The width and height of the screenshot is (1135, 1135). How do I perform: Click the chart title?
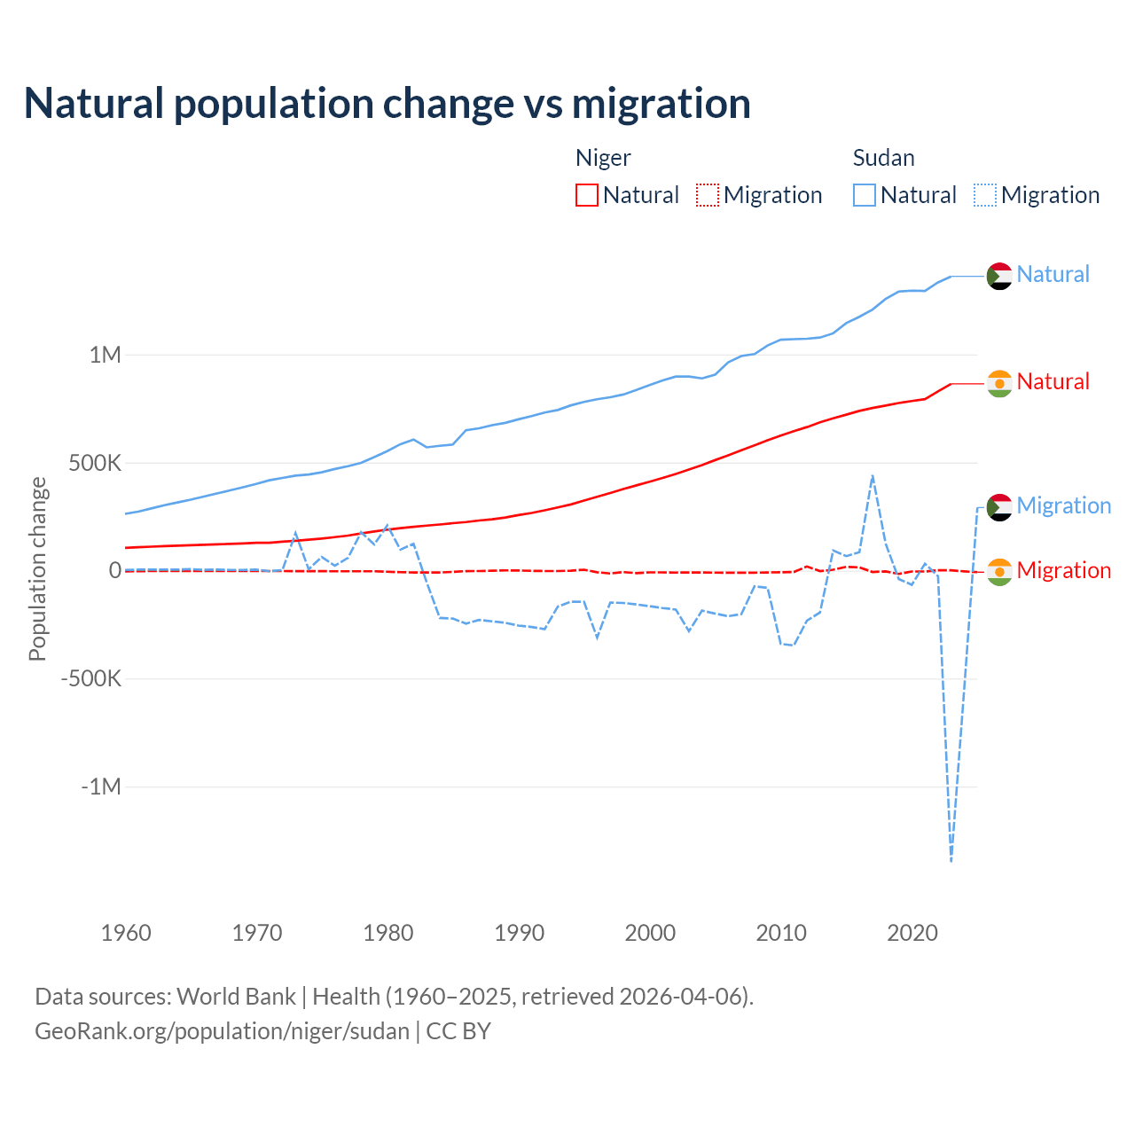387,104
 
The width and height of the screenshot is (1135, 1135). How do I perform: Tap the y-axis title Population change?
37,568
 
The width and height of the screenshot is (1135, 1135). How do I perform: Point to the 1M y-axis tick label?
105,355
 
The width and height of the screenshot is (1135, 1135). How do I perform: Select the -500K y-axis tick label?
90,678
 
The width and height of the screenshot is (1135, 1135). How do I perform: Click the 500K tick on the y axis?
95,463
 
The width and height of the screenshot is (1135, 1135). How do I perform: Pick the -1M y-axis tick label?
100,787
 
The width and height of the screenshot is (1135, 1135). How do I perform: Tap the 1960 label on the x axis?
126,933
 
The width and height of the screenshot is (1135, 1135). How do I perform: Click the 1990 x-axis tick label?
520,933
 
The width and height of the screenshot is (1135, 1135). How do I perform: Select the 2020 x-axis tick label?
912,933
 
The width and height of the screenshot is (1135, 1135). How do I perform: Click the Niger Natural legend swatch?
587,195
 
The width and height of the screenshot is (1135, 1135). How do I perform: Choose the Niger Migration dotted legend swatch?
708,195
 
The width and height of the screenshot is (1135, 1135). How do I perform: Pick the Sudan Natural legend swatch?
865,195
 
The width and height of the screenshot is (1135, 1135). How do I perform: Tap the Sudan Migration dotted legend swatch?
985,195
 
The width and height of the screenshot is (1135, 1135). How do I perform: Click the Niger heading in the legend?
603,158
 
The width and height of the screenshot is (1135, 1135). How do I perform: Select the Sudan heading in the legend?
883,158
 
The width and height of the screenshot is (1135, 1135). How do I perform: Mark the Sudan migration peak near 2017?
873,476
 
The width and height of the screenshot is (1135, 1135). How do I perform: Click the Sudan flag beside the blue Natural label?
999,276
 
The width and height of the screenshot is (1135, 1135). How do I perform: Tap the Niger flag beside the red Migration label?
999,572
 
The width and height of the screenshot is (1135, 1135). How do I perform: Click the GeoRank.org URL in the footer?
222,1031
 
